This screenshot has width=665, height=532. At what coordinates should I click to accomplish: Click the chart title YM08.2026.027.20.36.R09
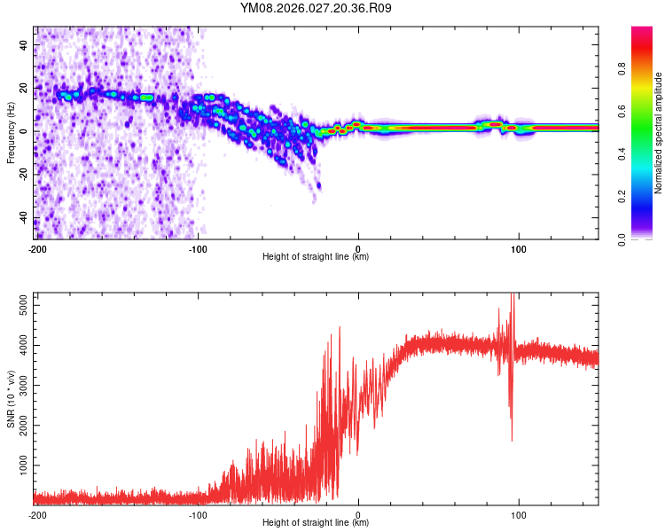coord(317,9)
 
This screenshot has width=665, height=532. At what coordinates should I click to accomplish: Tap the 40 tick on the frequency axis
coord(25,44)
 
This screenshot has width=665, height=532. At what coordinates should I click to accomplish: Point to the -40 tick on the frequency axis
coord(25,217)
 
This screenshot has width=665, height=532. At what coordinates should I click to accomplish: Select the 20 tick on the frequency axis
coord(25,88)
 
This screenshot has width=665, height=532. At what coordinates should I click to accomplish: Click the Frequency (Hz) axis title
coord(11,133)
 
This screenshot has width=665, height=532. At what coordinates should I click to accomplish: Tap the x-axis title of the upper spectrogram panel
coord(317,257)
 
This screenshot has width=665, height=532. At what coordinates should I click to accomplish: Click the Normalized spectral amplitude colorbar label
coord(660,133)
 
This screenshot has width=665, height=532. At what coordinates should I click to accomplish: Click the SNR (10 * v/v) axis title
coord(11,399)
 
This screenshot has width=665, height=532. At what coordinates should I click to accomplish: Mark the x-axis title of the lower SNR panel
coord(317,523)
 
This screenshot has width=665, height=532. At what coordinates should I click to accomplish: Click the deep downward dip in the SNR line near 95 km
coord(511,434)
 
